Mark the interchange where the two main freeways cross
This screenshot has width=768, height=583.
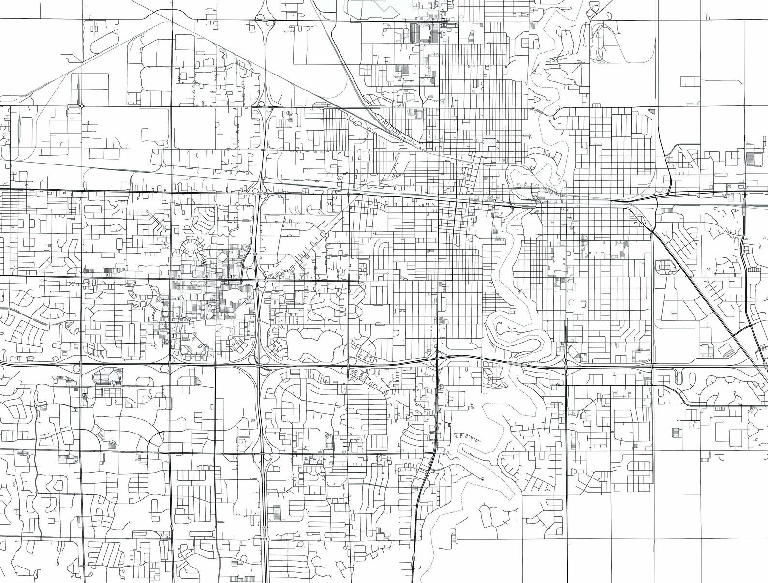[x=260, y=364]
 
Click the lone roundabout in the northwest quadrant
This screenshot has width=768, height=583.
[x=83, y=105]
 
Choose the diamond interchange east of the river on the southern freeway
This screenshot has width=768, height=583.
[x=566, y=366]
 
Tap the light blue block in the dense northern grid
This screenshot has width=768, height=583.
[x=491, y=144]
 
